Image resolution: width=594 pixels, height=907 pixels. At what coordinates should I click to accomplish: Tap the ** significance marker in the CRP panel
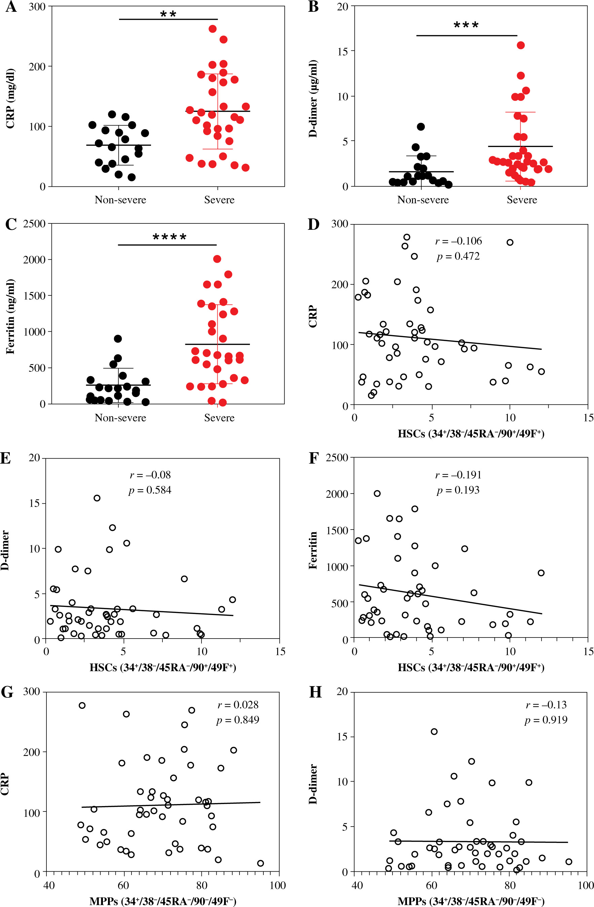click(168, 14)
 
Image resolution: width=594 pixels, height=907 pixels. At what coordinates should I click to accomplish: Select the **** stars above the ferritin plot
click(170, 237)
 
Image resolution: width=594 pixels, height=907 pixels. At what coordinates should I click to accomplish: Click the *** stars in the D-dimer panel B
click(466, 26)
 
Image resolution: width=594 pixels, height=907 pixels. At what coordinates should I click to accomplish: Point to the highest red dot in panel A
click(213, 29)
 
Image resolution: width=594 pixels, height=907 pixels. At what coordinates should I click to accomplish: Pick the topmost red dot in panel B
click(520, 45)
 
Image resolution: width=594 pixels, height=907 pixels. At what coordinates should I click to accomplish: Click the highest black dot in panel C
click(118, 339)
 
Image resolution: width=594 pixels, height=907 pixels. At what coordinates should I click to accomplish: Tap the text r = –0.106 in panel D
click(458, 241)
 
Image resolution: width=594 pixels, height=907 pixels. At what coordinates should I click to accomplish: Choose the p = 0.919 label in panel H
click(546, 720)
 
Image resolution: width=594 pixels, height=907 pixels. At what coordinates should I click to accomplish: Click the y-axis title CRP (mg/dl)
click(10, 98)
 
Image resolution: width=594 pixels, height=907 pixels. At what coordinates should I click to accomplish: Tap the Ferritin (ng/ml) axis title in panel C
click(10, 317)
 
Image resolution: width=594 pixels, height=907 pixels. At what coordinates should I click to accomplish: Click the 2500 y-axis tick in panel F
click(337, 458)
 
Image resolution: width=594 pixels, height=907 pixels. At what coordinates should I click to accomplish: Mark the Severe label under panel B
click(522, 200)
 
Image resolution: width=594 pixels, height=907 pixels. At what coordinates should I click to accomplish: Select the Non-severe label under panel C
click(120, 418)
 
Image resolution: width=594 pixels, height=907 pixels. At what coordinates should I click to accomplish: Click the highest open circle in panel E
click(97, 498)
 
